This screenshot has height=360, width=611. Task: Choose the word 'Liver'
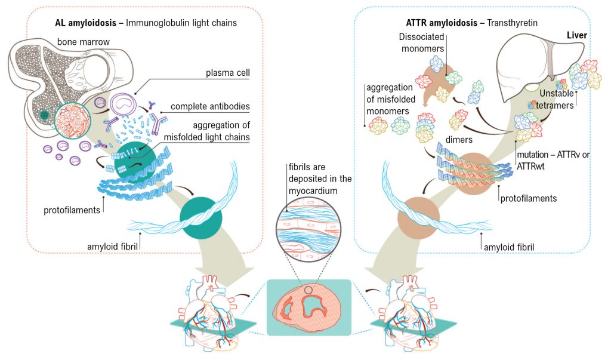pos(576,35)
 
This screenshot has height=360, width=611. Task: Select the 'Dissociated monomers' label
pos(423,42)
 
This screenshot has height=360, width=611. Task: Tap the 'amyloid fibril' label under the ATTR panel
pos(508,246)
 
